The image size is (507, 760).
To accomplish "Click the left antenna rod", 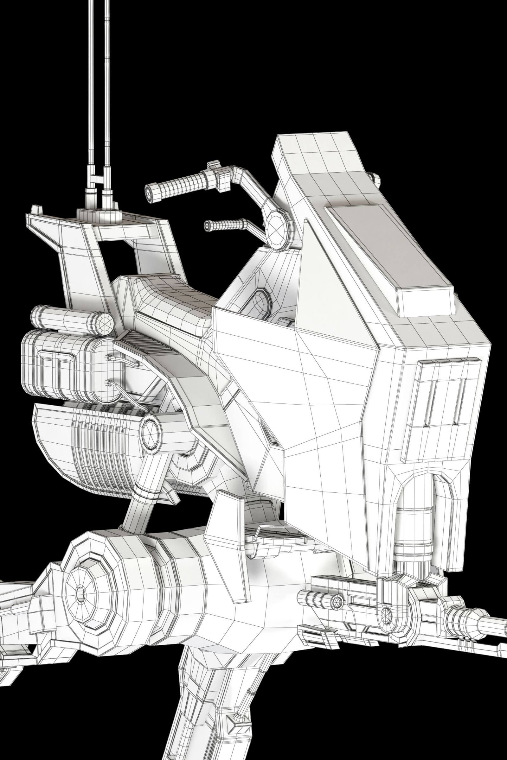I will (x=89, y=97).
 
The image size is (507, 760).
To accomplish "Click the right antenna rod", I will (x=107, y=97).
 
